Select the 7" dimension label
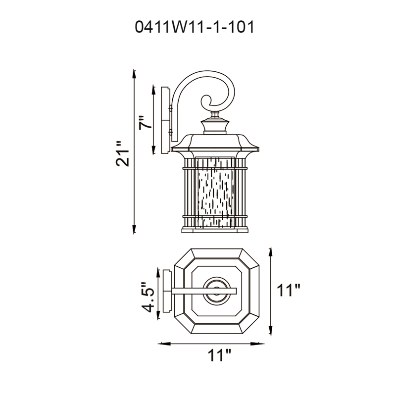(x=143, y=123)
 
